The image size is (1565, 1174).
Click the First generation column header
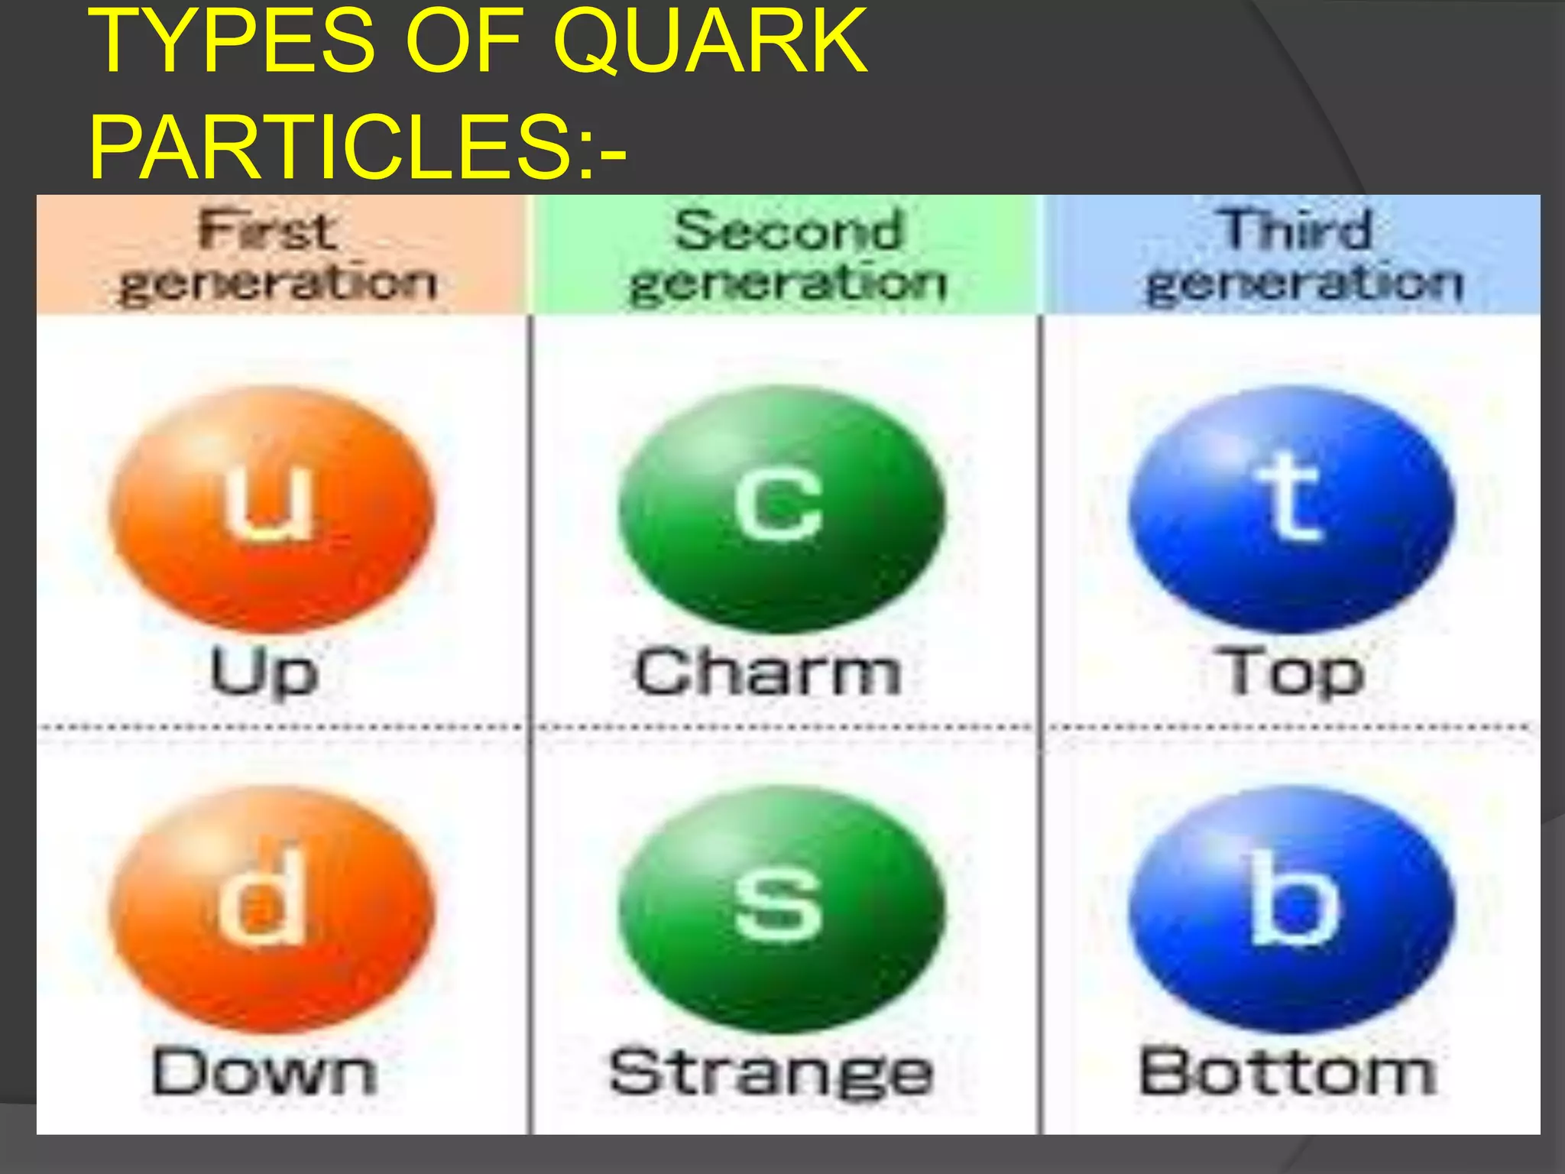(x=280, y=255)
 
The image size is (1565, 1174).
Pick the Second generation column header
(x=787, y=255)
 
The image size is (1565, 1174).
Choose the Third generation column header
(x=1302, y=255)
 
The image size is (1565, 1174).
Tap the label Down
(x=264, y=1072)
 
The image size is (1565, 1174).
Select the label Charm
(x=768, y=673)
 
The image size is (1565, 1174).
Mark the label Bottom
(x=1288, y=1072)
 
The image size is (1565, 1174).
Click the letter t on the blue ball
(x=1289, y=497)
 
